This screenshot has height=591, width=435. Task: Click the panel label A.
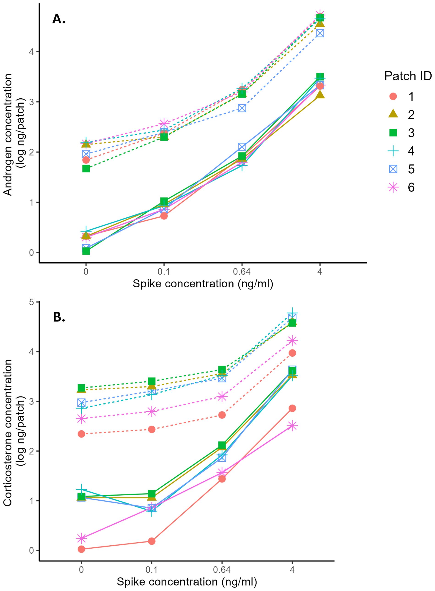coord(59,19)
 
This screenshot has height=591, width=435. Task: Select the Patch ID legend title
coord(408,76)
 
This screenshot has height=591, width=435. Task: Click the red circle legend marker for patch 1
coord(393,97)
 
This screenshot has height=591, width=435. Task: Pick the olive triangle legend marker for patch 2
coord(393,114)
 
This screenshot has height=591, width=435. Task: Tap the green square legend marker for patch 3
coord(393,133)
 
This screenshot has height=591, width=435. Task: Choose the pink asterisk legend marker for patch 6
coord(393,187)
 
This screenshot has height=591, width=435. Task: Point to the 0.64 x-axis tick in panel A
coord(242,271)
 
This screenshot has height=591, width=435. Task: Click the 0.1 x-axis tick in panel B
coord(151,569)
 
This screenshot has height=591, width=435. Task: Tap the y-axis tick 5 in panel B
coord(32,302)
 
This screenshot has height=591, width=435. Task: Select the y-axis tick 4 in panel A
coord(32,52)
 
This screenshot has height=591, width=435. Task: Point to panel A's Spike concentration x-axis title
coord(203,284)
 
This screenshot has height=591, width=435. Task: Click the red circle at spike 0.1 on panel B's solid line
coord(152,541)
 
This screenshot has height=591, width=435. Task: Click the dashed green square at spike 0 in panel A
coord(86,169)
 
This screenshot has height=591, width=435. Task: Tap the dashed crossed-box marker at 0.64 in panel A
coord(242,108)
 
